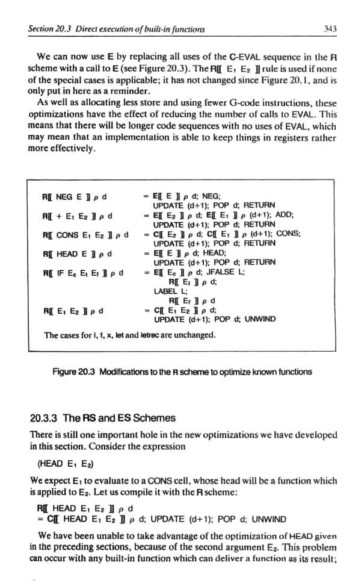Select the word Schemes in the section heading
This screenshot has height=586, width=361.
[155, 418]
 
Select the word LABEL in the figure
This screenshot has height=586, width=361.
[164, 291]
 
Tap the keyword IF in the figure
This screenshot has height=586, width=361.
[61, 272]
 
